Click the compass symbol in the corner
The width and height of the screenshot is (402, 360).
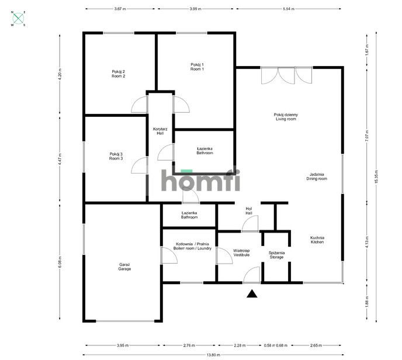(19, 19)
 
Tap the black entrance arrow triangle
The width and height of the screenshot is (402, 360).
(252, 293)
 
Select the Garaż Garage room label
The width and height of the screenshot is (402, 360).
(124, 266)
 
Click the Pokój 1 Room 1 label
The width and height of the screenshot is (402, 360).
(197, 67)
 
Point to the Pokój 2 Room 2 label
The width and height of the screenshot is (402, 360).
(119, 74)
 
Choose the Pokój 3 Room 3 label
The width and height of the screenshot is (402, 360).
(116, 156)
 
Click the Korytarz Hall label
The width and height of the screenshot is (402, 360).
(160, 131)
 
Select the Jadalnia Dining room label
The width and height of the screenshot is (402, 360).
(316, 176)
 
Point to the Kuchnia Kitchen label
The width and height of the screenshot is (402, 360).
(317, 240)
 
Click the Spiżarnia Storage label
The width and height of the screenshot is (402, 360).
(276, 255)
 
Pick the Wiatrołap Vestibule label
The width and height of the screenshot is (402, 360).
(241, 252)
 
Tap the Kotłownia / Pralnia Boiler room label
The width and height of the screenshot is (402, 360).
(192, 246)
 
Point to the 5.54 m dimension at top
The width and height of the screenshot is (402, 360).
(288, 9)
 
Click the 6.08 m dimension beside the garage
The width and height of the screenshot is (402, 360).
(60, 261)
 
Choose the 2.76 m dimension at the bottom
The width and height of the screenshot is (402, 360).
(189, 345)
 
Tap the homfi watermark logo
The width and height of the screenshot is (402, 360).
(200, 181)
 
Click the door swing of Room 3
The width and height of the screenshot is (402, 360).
(139, 165)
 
